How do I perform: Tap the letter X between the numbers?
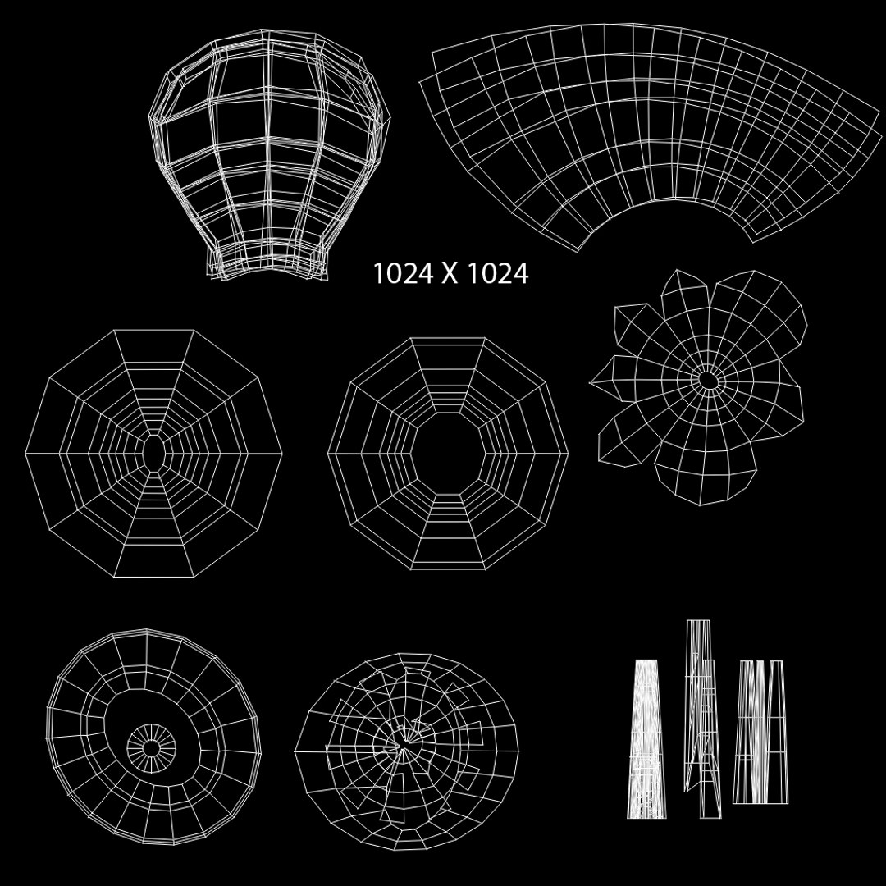[450, 273]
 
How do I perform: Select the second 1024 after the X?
[498, 273]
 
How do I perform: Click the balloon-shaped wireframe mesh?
[270, 153]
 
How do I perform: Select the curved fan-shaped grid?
[650, 135]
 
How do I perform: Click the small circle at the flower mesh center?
[707, 381]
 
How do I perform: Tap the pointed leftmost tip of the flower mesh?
[591, 383]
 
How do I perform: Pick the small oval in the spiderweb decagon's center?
[153, 452]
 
